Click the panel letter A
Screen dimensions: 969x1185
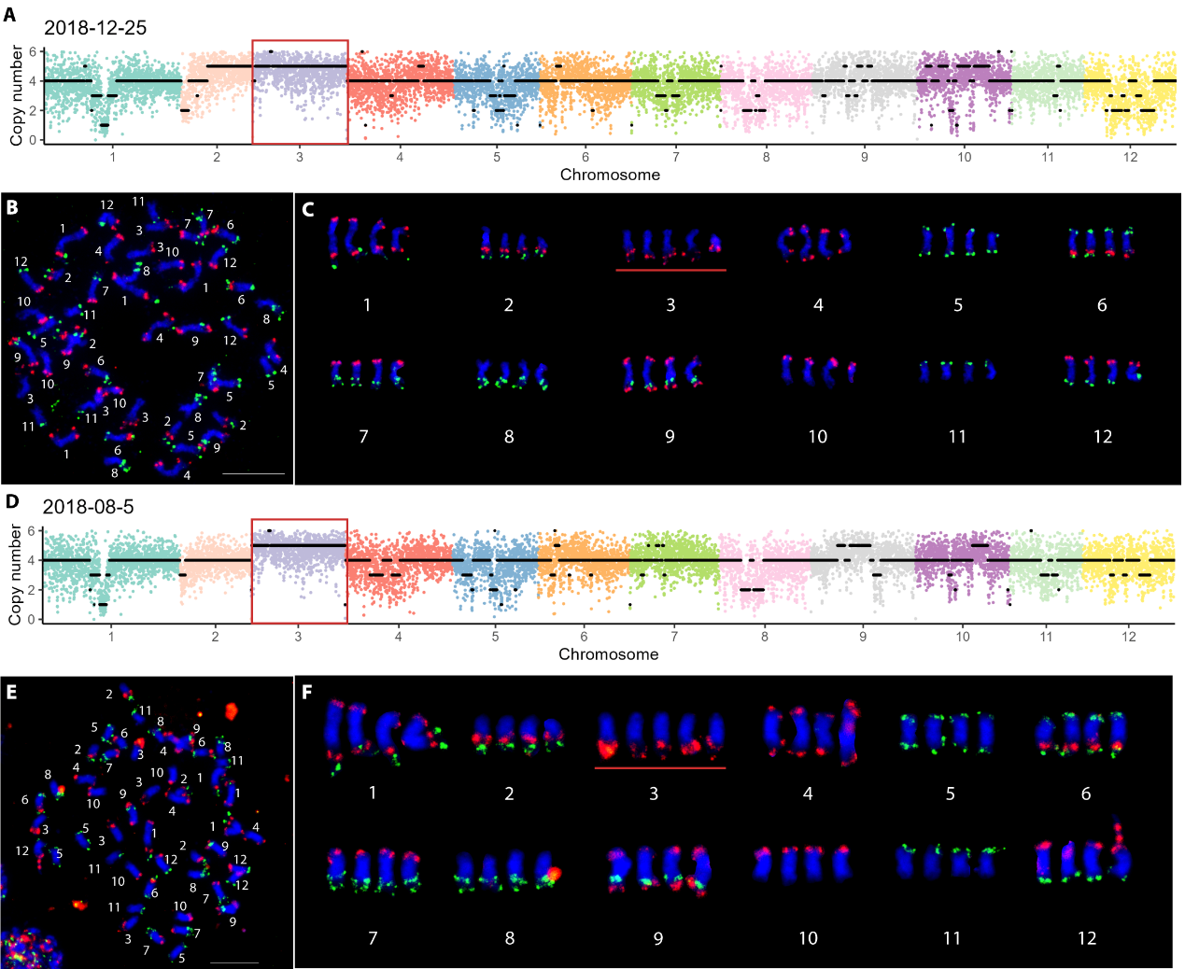pyautogui.click(x=9, y=15)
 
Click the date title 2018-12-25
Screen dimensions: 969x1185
pyautogui.click(x=95, y=28)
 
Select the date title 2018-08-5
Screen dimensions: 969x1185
pyautogui.click(x=88, y=507)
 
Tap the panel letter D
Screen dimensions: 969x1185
pyautogui.click(x=11, y=501)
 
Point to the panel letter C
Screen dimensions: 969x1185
pyautogui.click(x=308, y=209)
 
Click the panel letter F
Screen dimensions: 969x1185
pyautogui.click(x=307, y=692)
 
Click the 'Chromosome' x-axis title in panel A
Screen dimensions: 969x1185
pyautogui.click(x=610, y=175)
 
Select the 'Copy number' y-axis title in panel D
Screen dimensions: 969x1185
pyautogui.click(x=15, y=574)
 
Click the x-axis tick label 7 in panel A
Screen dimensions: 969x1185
pyautogui.click(x=675, y=157)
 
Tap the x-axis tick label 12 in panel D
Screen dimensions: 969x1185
pyautogui.click(x=1129, y=637)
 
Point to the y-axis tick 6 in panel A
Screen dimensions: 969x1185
pyautogui.click(x=33, y=52)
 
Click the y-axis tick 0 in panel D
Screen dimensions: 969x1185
pyautogui.click(x=31, y=620)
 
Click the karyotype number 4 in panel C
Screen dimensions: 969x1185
pyautogui.click(x=818, y=305)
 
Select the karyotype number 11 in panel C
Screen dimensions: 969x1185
pyautogui.click(x=957, y=437)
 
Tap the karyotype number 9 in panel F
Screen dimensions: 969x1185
pyautogui.click(x=658, y=938)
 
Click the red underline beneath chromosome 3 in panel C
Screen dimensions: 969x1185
pyautogui.click(x=670, y=270)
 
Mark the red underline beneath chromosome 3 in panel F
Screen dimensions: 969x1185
pyautogui.click(x=659, y=768)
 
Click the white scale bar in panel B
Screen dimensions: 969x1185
pyautogui.click(x=254, y=473)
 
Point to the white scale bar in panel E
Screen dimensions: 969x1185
pyautogui.click(x=234, y=962)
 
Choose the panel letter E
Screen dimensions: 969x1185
pyautogui.click(x=11, y=692)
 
